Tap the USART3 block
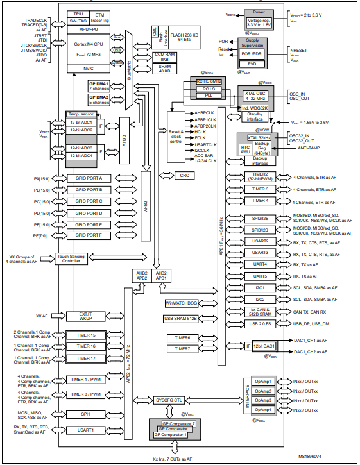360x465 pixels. pos(260,253)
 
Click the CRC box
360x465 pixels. pos(184,175)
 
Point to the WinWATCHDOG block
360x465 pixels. pos(183,302)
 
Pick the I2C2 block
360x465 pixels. pos(260,299)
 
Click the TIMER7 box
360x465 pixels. pos(183,348)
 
